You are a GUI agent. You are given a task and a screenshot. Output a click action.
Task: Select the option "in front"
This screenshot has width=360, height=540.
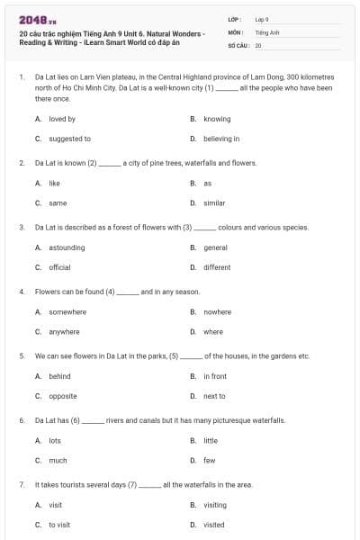coord(215,376)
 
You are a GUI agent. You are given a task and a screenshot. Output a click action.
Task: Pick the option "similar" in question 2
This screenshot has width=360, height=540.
coord(214,203)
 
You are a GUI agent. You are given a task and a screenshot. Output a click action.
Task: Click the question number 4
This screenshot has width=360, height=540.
coord(21,292)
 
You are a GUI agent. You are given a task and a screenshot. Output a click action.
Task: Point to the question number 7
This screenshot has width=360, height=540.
coord(21,485)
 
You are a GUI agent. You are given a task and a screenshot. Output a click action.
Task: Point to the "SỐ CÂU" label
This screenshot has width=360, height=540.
coord(238,45)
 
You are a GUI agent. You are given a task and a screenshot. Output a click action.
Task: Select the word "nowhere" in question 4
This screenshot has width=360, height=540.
coord(217,311)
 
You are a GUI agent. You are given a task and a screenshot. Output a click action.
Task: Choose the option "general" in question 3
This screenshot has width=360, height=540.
coord(215,247)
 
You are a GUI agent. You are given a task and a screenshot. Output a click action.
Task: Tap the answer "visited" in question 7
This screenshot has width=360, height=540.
coord(214,525)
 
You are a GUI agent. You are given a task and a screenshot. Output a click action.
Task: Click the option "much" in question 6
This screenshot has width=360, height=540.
coord(58,460)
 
